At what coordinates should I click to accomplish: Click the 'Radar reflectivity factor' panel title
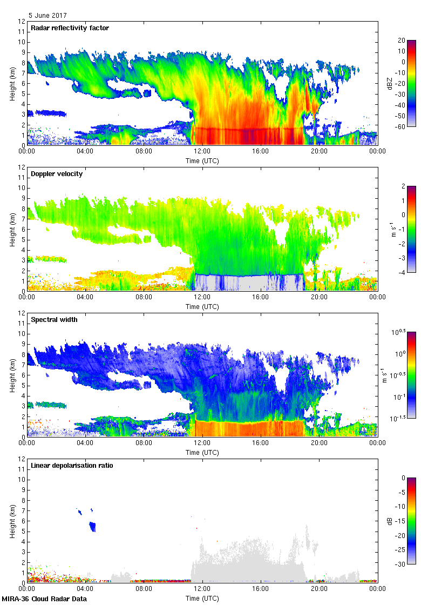(70, 28)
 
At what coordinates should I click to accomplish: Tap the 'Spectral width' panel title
(54, 320)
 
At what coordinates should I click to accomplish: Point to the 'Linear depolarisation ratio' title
(72, 466)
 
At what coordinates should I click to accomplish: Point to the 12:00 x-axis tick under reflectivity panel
(202, 152)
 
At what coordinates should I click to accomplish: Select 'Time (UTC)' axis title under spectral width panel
(202, 452)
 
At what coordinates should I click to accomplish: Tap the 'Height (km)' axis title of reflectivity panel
(12, 84)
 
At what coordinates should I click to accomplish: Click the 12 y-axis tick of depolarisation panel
(22, 459)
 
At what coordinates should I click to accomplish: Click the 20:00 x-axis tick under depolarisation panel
(319, 589)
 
